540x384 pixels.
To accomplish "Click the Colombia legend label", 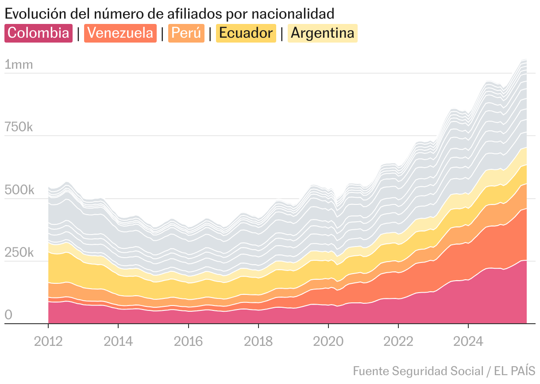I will tap(39, 33).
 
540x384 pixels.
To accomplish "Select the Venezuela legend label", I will tap(120, 33).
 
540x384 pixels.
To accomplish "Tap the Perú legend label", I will tap(186, 33).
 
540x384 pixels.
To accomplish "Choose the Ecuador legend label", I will tap(246, 33).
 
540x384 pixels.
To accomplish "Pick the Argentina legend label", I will tap(323, 33).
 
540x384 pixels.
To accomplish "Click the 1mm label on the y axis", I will tap(19, 65).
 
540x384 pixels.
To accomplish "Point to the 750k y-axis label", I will tap(19, 128).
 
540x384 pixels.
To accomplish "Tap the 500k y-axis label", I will tap(19, 191).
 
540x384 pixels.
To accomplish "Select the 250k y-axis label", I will tap(19, 253).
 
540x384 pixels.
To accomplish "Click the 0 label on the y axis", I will tap(8, 315).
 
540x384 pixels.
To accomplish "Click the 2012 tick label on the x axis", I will tap(48, 341).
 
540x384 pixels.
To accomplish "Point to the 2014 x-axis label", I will tap(118, 341).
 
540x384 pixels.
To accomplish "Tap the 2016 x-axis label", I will tap(188, 341).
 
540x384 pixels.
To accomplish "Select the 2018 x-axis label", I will tap(258, 341).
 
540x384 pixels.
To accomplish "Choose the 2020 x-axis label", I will tap(328, 341).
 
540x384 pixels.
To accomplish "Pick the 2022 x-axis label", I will tap(398, 341).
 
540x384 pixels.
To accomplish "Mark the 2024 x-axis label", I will tap(468, 341).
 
